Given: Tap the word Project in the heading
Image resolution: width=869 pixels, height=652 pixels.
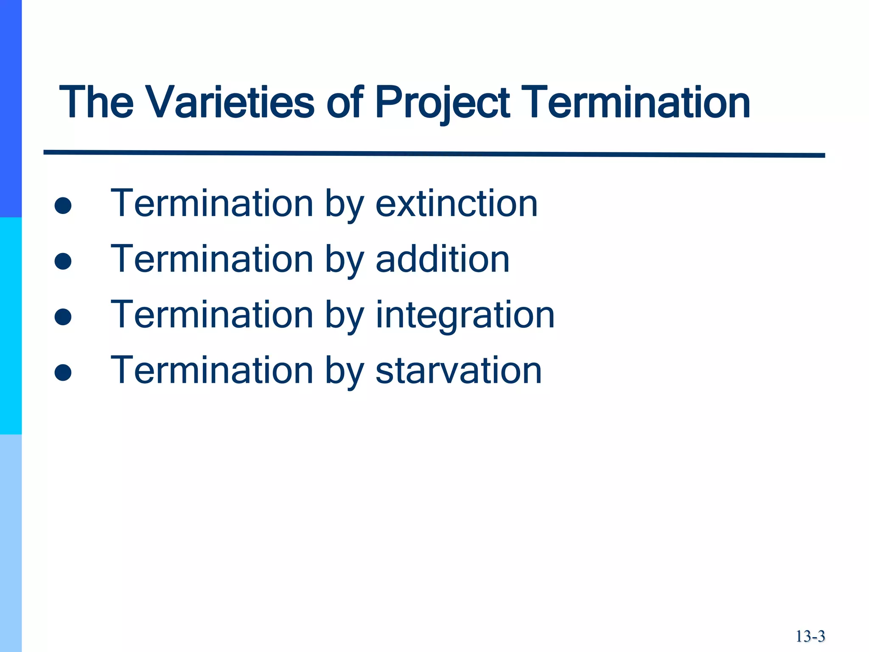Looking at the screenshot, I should pos(442,103).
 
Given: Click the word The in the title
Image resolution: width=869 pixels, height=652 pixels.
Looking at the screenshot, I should pos(96,103).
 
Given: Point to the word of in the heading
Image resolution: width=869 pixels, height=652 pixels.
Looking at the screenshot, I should pos(344,103).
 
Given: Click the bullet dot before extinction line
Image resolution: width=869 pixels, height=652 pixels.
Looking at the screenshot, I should pos(63,206).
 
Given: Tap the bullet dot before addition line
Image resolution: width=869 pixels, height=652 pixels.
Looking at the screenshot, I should pos(63,261).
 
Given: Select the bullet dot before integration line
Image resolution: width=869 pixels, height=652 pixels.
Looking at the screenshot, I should pos(63,317).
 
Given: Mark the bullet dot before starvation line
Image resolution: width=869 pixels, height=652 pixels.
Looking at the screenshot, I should pos(63,373).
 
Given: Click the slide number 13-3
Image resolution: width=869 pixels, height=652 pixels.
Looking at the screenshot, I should pos(810,636).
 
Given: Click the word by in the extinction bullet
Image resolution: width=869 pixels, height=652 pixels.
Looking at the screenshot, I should pos(344,205).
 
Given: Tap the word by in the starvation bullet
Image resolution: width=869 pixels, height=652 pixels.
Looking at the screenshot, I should pos(344,371).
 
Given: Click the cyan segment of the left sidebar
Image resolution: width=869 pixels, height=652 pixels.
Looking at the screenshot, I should pos(11,326).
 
